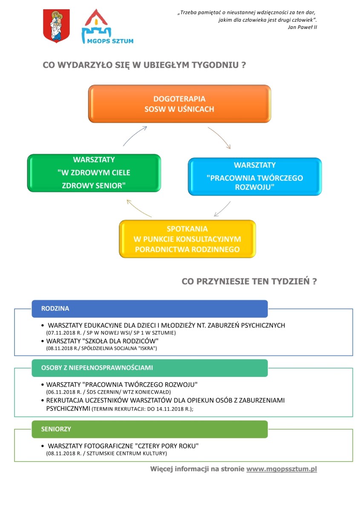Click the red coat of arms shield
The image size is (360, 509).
57,26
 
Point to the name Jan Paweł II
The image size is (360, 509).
302,27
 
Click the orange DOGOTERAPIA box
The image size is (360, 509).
179,104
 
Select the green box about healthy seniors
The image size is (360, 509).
94,173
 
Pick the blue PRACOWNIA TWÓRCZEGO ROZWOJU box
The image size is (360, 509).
255,177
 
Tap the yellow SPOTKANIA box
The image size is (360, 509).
187,239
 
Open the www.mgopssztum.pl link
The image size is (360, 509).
282,469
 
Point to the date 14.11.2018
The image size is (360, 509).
170,409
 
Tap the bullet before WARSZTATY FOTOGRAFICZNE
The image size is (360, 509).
43,446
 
